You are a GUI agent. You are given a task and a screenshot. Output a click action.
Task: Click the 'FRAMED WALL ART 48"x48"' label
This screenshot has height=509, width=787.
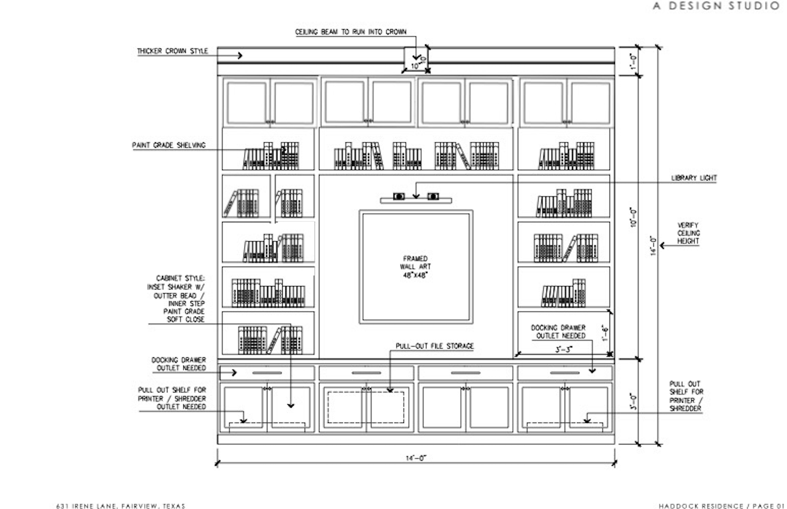click(415, 267)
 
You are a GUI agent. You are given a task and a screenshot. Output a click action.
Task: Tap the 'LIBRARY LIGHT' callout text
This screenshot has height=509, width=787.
click(694, 178)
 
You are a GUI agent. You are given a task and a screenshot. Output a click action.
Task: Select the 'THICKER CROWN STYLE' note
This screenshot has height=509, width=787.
click(173, 51)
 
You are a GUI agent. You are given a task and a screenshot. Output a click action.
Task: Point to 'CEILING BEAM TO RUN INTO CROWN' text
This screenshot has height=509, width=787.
click(351, 32)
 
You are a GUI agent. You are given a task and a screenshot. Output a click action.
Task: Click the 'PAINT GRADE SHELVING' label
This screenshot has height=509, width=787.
click(169, 145)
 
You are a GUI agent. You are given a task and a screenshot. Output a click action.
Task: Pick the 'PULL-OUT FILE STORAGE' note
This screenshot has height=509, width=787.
click(434, 346)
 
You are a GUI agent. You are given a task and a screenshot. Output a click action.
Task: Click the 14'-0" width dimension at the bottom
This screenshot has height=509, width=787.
click(416, 458)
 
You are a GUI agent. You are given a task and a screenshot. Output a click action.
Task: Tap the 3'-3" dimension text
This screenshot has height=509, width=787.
click(564, 349)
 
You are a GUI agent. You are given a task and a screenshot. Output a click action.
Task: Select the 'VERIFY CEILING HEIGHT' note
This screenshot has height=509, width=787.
click(688, 233)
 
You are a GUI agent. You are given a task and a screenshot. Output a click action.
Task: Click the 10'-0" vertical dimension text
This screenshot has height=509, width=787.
click(633, 217)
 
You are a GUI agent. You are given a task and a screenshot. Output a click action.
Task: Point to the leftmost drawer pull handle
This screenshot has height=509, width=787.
click(267, 373)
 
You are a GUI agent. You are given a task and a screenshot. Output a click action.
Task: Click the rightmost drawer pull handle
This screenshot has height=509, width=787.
click(564, 373)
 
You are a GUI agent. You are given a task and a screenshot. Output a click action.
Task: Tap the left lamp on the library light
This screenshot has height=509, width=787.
click(399, 196)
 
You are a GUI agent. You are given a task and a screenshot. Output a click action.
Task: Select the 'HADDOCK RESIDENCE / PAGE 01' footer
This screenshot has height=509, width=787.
click(722, 506)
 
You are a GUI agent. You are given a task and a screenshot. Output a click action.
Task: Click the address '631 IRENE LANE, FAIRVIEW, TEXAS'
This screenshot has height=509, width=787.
click(121, 506)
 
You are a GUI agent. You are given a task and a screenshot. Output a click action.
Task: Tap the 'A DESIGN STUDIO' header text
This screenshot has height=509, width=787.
click(716, 6)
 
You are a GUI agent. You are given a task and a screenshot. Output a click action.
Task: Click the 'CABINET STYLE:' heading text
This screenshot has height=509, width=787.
click(180, 278)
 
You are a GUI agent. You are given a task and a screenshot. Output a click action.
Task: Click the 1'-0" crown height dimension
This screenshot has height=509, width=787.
click(633, 62)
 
